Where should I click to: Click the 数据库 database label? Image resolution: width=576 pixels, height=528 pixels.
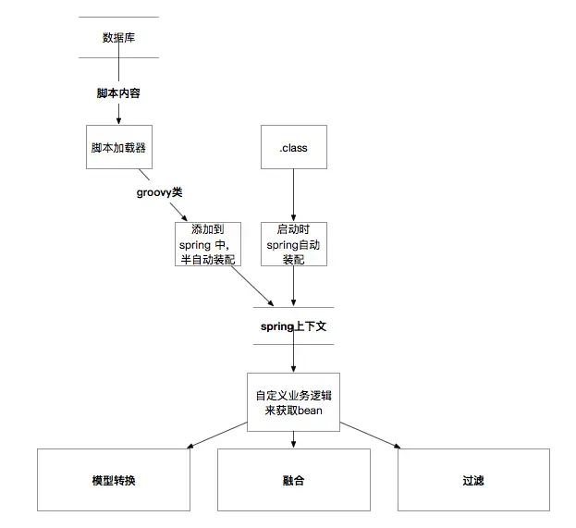[118, 38]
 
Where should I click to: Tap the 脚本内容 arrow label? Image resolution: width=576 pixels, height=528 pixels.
[118, 93]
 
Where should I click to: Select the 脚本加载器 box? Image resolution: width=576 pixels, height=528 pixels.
[118, 146]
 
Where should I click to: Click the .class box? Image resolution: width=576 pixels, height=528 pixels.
[293, 146]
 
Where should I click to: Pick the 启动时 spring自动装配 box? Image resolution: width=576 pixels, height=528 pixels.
[293, 243]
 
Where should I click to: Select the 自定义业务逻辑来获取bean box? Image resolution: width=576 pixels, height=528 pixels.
[293, 402]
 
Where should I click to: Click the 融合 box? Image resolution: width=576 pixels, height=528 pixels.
[293, 480]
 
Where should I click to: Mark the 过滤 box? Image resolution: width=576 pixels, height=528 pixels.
[473, 480]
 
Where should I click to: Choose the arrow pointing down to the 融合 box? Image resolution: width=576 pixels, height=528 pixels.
[293, 440]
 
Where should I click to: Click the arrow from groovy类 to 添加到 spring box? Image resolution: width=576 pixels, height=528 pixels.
[187, 212]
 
